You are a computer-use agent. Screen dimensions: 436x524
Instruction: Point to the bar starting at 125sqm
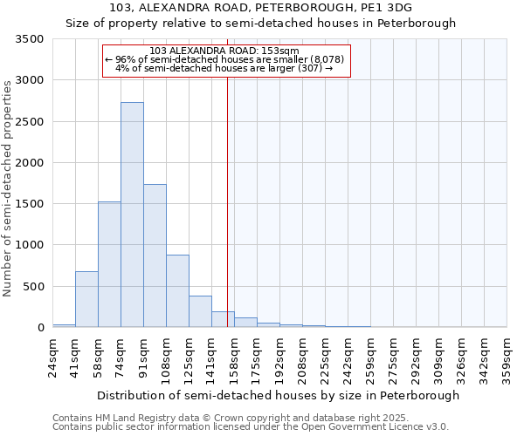coord(200,311)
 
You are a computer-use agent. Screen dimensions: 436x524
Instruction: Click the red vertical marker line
coord(227,201)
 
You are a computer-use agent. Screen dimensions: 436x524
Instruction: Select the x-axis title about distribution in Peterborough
coord(278,395)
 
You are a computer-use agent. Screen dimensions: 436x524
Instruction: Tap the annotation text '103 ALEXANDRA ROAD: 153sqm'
coord(224,51)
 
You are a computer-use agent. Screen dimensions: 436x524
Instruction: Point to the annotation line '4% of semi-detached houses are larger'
coord(224,68)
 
